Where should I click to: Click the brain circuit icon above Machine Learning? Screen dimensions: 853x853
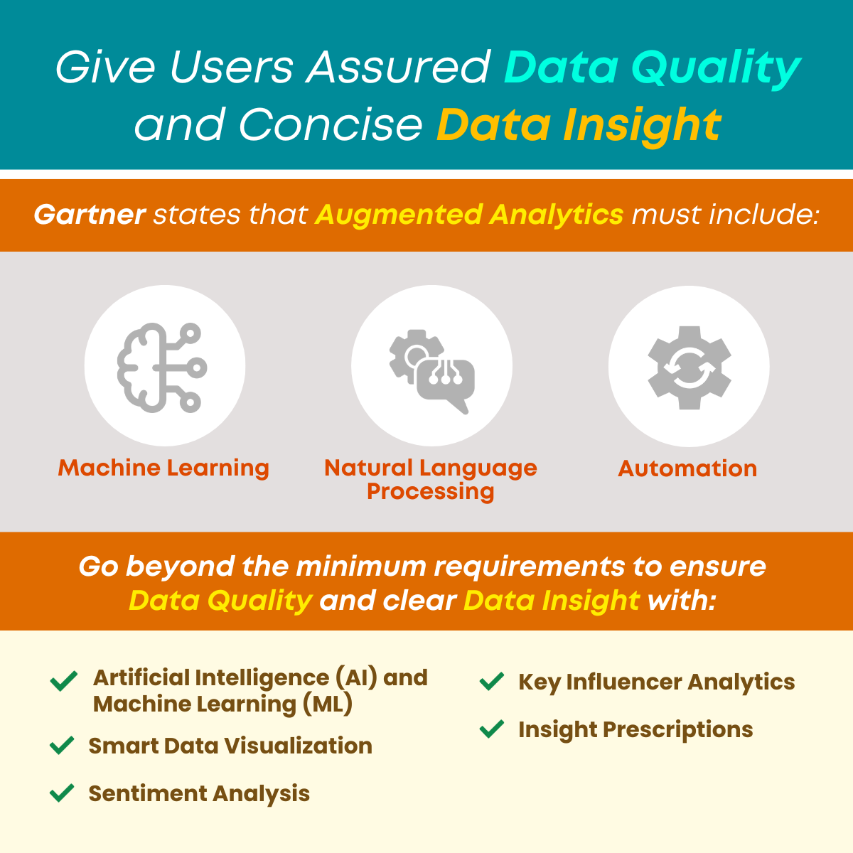[162, 367]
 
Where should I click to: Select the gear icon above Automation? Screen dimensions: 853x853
[689, 367]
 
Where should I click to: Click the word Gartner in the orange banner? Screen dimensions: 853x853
[90, 214]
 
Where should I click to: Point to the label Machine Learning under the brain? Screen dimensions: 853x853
[163, 468]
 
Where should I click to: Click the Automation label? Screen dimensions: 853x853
[687, 468]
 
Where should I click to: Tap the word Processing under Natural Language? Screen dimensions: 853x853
[430, 491]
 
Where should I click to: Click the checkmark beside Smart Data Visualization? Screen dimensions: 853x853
[63, 746]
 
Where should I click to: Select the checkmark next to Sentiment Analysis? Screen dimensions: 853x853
[63, 793]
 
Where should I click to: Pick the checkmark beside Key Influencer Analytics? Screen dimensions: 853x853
[492, 682]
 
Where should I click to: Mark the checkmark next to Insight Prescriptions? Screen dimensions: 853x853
[492, 729]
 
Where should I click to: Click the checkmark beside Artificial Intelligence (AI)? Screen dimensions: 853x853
[64, 681]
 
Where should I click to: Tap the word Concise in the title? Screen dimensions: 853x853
[331, 125]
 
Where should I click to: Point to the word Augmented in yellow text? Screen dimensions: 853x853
[398, 214]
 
